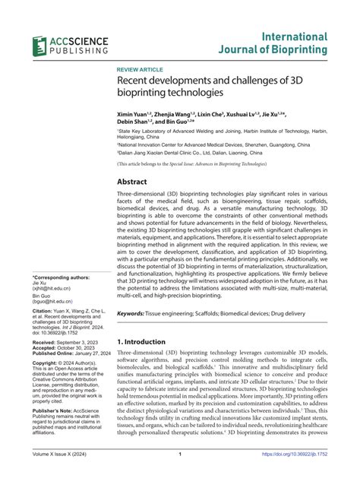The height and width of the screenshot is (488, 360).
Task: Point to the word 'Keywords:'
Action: point(133,292)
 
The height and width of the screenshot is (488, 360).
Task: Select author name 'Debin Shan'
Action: point(135,121)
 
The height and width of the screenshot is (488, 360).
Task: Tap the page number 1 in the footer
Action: point(179,476)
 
